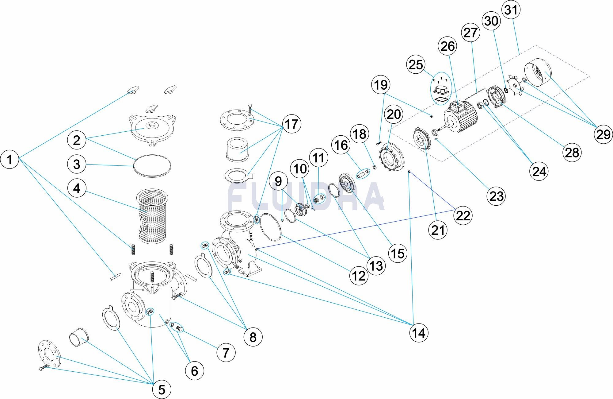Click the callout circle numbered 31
(511, 10)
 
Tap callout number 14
(419, 332)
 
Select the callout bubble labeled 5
(162, 389)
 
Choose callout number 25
(416, 65)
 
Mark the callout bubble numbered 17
(291, 124)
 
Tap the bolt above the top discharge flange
(250, 108)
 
